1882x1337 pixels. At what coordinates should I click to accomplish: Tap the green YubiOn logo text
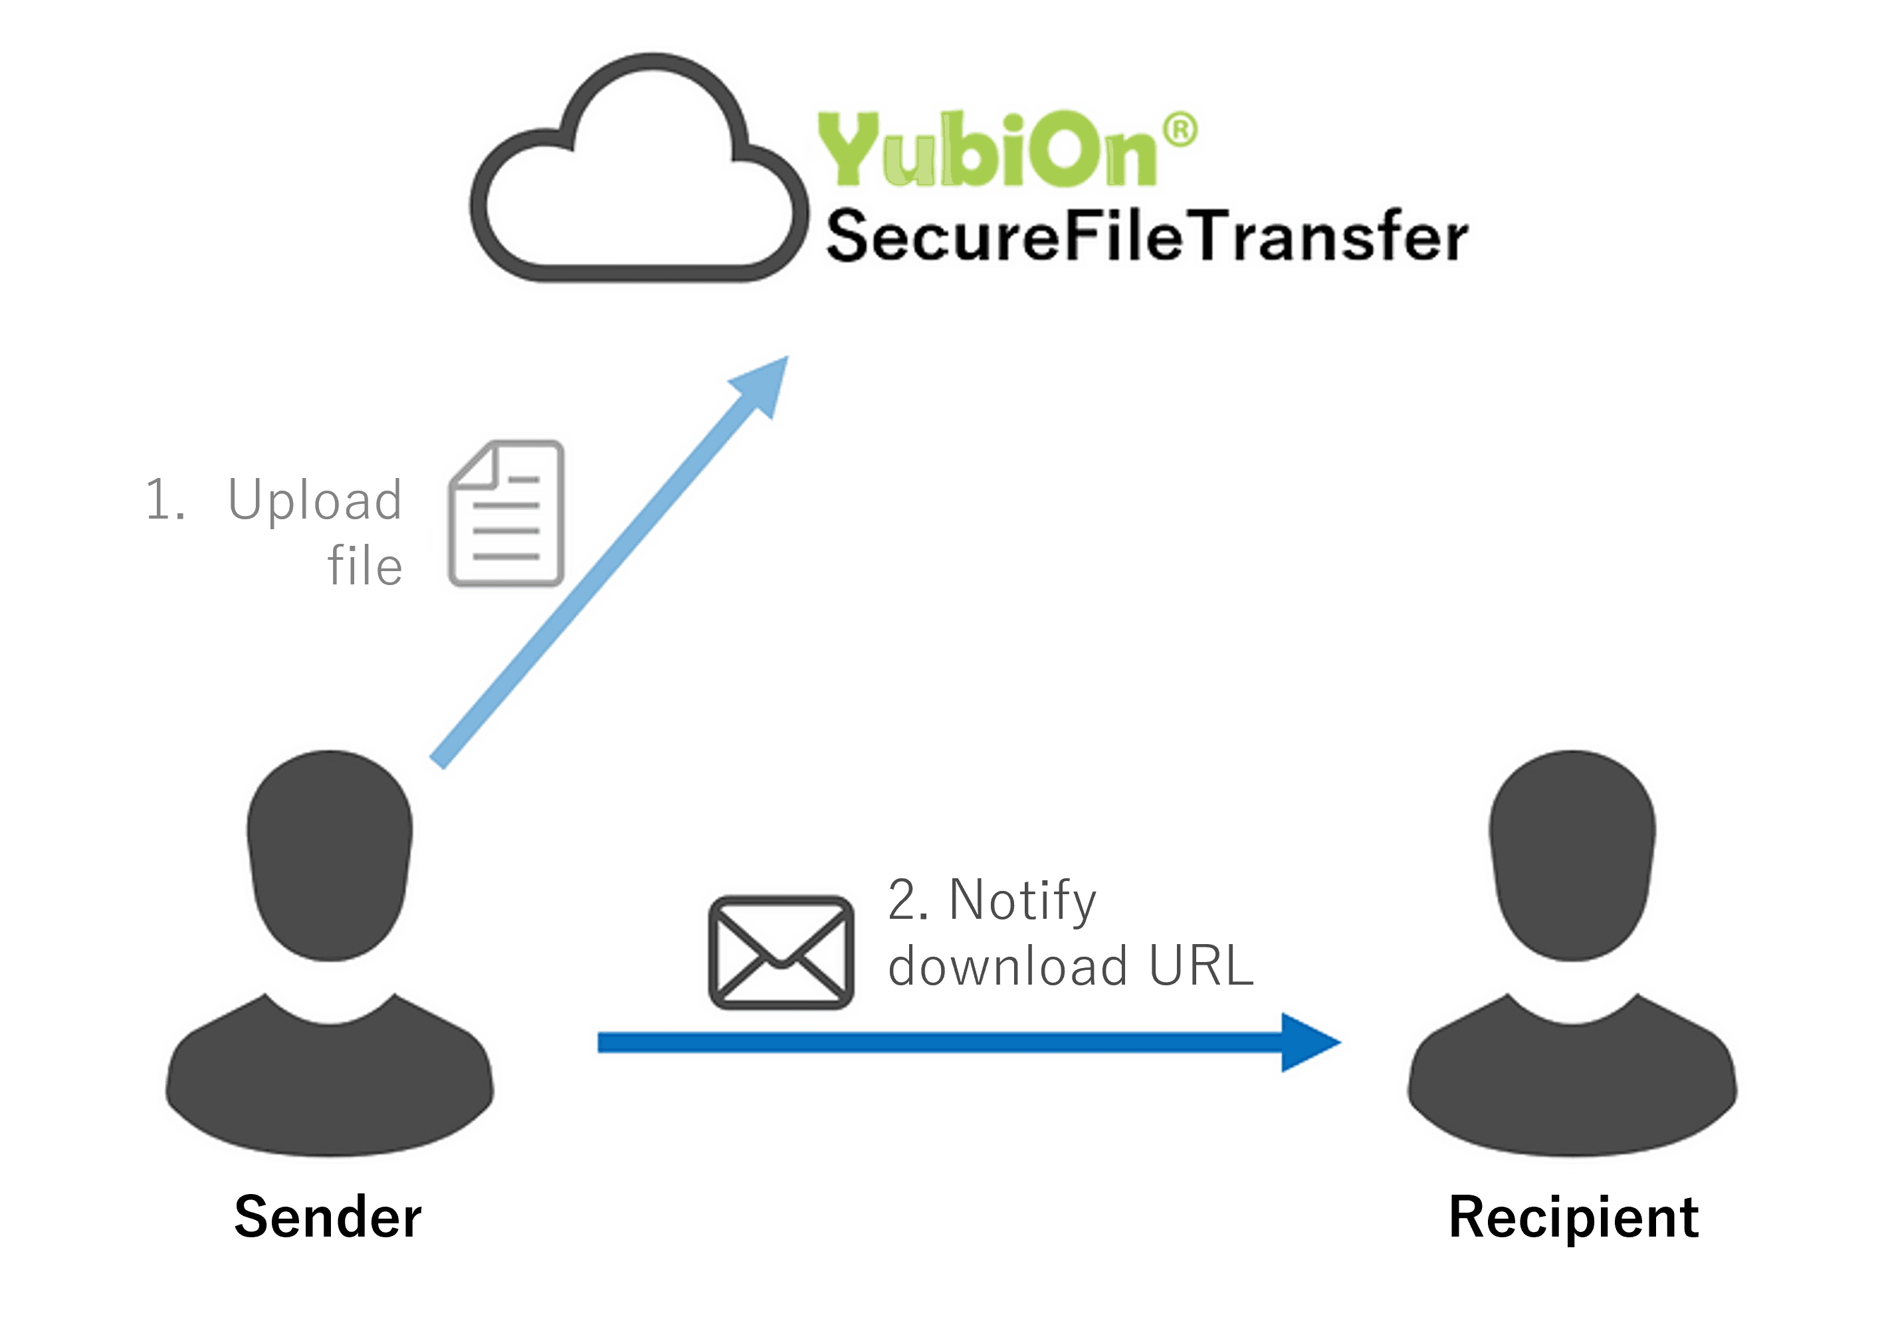tap(988, 149)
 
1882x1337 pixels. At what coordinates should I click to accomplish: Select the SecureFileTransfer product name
tap(1146, 236)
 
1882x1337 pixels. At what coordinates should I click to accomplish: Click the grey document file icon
tap(506, 514)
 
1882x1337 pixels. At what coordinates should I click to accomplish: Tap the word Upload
tap(315, 501)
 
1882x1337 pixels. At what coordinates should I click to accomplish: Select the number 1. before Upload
tap(165, 499)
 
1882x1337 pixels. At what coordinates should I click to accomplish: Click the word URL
tap(1201, 966)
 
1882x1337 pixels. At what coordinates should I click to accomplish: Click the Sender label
tap(328, 1217)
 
